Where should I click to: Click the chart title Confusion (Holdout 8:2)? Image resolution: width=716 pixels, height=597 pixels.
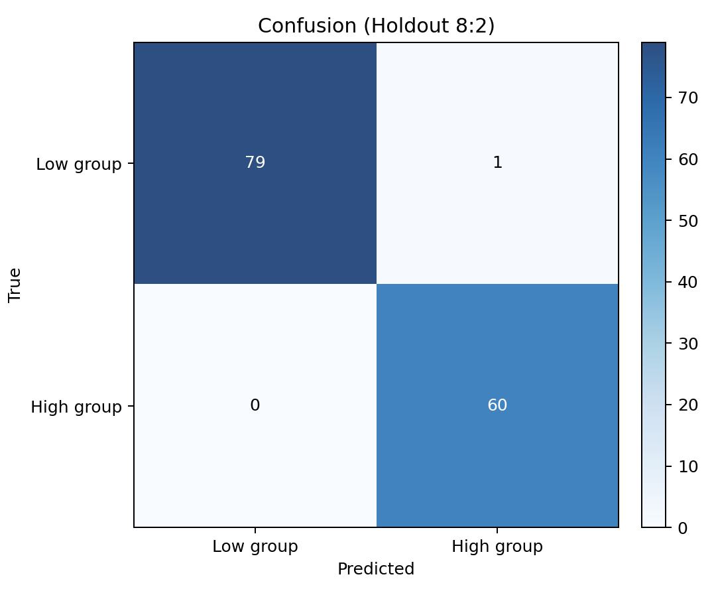(x=377, y=26)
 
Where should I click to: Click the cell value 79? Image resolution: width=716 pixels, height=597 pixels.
(x=255, y=162)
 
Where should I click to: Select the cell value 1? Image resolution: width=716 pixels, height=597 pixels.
(x=498, y=162)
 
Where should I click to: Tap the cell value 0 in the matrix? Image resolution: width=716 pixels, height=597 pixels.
(x=255, y=405)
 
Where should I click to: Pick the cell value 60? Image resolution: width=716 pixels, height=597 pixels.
(x=497, y=405)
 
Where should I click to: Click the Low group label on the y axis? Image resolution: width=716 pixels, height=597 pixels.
(x=79, y=164)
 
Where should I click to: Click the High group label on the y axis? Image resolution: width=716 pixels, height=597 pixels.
(x=76, y=407)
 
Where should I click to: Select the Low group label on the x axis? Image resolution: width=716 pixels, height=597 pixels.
(x=255, y=546)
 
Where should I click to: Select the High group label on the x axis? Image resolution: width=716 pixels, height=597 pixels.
(x=497, y=546)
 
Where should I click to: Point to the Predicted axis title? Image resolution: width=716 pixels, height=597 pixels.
(x=376, y=568)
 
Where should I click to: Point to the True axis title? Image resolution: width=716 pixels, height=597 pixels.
(x=15, y=285)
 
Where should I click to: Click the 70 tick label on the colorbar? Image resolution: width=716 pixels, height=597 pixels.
(x=688, y=98)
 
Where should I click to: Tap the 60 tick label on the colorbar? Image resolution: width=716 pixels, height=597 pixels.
(x=688, y=159)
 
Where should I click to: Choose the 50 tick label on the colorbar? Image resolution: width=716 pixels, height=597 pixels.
(x=688, y=221)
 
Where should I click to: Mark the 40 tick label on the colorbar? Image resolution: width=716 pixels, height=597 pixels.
(x=688, y=283)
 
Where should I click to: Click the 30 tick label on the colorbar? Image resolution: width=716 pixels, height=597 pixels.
(x=688, y=344)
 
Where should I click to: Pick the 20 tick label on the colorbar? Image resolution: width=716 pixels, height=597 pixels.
(x=688, y=405)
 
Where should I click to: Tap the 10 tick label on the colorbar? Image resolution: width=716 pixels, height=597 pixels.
(x=688, y=466)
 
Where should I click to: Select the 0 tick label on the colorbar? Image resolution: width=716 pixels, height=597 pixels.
(x=683, y=528)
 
